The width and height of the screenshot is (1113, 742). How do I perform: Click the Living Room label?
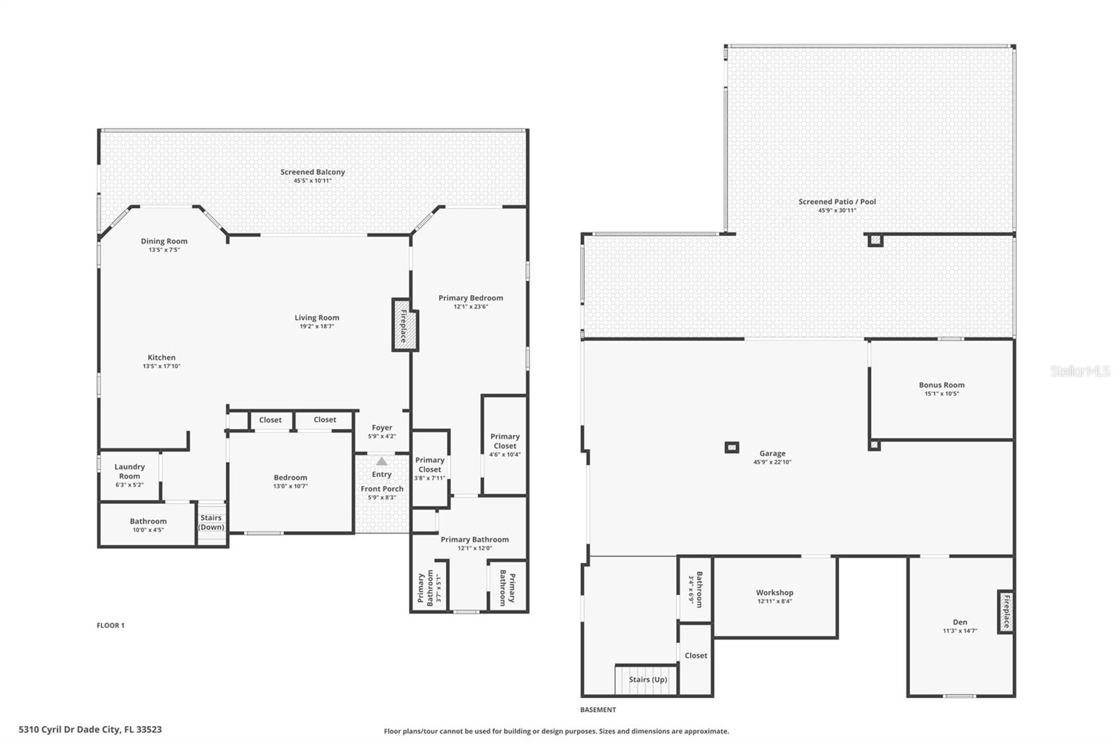tap(317, 318)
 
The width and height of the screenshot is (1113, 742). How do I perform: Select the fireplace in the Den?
tap(1005, 611)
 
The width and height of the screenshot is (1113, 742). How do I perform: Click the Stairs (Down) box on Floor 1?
tap(211, 523)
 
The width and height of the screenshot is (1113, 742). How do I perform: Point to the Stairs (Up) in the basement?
tap(647, 679)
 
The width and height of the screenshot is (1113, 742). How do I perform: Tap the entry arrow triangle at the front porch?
tap(381, 461)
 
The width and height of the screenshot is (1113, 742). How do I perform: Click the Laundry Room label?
tap(129, 471)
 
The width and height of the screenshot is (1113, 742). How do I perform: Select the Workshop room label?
tap(774, 593)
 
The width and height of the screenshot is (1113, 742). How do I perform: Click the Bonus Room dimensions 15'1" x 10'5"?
tap(941, 394)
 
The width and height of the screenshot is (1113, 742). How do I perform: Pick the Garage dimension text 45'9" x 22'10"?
tap(772, 462)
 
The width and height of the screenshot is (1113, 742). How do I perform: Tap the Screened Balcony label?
tap(312, 172)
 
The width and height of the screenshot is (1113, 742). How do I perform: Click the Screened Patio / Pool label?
tap(837, 202)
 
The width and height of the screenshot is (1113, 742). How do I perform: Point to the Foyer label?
tap(382, 428)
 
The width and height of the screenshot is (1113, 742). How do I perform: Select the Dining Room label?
tap(164, 242)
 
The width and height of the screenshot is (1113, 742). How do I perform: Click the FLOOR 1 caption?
tap(111, 625)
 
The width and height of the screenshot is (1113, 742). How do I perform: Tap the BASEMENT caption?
tap(598, 710)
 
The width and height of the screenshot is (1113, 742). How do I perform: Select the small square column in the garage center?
tap(732, 448)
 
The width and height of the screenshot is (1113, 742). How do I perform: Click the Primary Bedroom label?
tap(470, 298)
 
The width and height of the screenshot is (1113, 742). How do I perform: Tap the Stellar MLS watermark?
tap(1080, 372)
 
